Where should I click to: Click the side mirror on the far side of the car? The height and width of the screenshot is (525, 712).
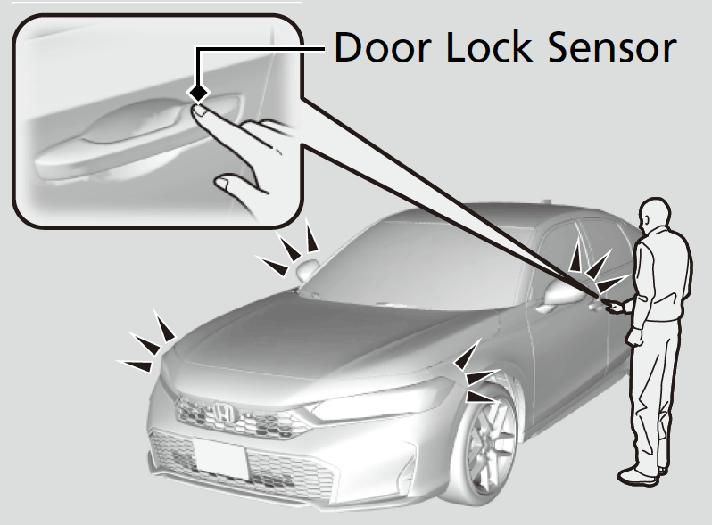click(x=307, y=270)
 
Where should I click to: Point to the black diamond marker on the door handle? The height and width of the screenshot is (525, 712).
click(x=198, y=93)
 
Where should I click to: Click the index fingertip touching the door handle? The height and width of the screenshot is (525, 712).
click(x=202, y=111)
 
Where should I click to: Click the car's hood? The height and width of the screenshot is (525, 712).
click(x=294, y=339)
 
